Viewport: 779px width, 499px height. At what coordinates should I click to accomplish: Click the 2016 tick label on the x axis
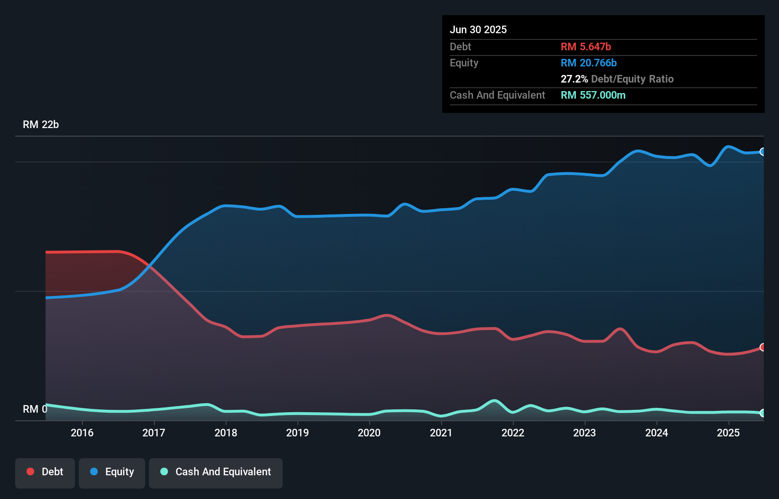pos(82,433)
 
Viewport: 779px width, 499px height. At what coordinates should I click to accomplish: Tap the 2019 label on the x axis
pos(297,433)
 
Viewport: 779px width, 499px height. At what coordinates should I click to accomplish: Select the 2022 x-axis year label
pos(513,433)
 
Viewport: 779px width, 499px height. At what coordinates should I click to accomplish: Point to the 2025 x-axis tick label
pos(728,433)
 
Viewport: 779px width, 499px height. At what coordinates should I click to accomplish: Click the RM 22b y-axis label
pos(41,125)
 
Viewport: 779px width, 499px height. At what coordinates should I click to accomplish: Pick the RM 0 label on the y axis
pos(35,409)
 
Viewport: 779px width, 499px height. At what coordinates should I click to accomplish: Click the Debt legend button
pos(45,472)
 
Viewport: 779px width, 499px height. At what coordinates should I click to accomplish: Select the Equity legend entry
pos(112,472)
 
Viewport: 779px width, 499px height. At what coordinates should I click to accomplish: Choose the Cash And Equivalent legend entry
pos(216,472)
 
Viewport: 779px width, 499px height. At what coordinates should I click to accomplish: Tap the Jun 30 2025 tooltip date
pos(478,30)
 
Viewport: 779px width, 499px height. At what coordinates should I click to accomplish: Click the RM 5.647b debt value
pos(586,47)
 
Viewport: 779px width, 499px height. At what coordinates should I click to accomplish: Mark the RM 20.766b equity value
pos(589,63)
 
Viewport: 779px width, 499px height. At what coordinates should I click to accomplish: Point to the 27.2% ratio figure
pos(574,79)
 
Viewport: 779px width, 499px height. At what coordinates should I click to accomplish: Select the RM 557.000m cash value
pos(593,95)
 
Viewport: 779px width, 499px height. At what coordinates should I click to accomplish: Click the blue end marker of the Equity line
pos(762,152)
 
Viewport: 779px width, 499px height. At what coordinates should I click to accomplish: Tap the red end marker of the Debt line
pos(762,347)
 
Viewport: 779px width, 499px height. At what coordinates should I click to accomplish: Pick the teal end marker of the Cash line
pos(762,413)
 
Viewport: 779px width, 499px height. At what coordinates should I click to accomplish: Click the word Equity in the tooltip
pos(464,63)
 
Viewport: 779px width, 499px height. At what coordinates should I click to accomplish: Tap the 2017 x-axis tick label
pos(154,433)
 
